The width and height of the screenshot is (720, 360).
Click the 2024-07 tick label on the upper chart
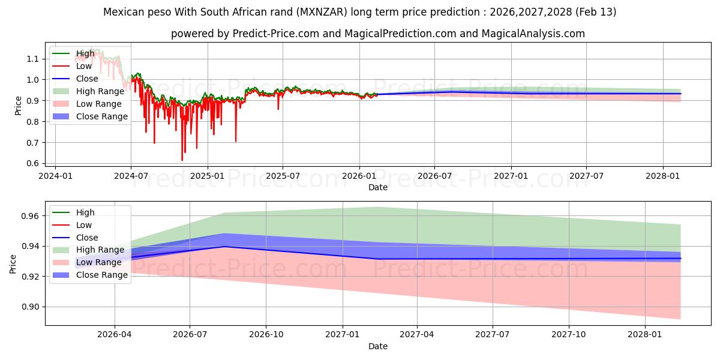coord(131,176)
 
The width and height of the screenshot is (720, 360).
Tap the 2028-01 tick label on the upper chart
coord(663,176)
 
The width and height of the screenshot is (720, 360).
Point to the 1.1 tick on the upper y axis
coord(32,59)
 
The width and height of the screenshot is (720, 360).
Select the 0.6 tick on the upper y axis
coord(32,163)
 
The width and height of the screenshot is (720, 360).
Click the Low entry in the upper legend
coord(85,66)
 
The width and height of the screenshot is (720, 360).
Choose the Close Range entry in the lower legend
coord(102,275)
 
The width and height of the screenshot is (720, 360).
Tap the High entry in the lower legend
coord(85,212)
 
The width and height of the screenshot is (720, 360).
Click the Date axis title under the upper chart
coord(378,187)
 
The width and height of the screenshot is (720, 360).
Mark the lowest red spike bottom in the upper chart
coord(182,160)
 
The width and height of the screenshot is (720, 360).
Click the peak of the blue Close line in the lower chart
coord(224,246)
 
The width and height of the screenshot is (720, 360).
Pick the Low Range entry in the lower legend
coord(100,262)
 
